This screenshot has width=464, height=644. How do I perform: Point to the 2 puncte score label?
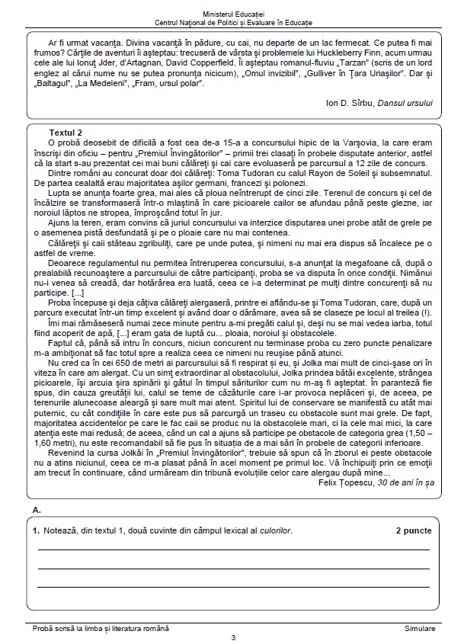click(x=414, y=530)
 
